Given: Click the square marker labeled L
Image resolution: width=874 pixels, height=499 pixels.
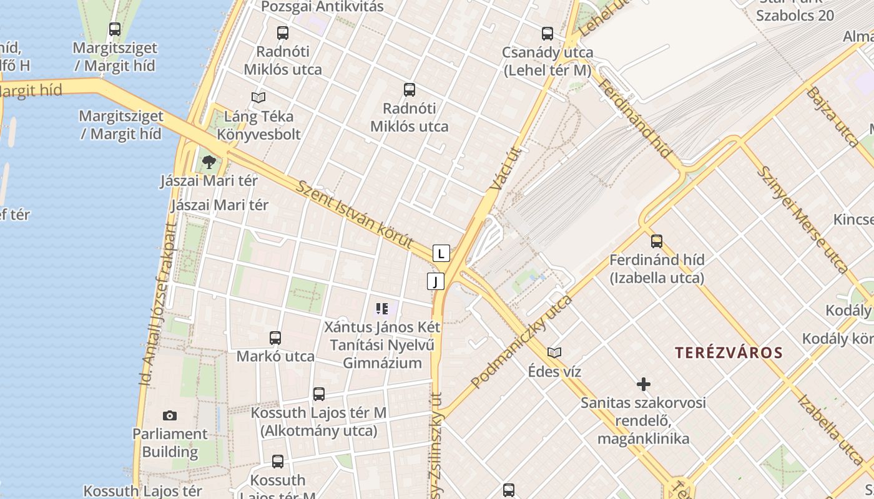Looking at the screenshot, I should pos(441,253).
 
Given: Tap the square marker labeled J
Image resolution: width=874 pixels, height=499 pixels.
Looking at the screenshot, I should pos(436,281).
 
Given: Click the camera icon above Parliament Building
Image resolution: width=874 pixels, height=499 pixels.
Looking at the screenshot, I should pos(169,416).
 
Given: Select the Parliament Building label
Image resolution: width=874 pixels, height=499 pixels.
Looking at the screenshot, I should pos(170,442).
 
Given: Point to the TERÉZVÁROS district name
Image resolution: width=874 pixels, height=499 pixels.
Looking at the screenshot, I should pos(729,352).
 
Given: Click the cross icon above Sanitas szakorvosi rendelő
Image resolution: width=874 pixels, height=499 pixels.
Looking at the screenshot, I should pos(643,384).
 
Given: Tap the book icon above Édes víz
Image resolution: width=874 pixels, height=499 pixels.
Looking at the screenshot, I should pos(554,353).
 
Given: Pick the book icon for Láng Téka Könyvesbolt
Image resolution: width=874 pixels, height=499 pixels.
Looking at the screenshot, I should pos(258,97).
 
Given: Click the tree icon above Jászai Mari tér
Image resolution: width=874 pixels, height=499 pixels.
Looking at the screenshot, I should pos(209,163).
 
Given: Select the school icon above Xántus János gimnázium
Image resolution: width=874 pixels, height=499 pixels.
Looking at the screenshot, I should pos(382,308).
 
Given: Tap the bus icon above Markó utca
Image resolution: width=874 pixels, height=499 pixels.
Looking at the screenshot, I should pos(275,338).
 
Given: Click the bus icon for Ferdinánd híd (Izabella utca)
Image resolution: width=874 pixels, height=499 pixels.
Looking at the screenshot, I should pos(657,241).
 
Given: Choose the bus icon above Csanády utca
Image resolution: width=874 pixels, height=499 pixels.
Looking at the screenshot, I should pos(547,34).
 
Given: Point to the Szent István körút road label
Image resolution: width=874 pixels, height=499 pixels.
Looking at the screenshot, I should pos(355,215).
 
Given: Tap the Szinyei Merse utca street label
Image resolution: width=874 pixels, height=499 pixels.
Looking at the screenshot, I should pos(802,219).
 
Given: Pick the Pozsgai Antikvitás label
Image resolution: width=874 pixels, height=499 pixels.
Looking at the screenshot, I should pos(322,7).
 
